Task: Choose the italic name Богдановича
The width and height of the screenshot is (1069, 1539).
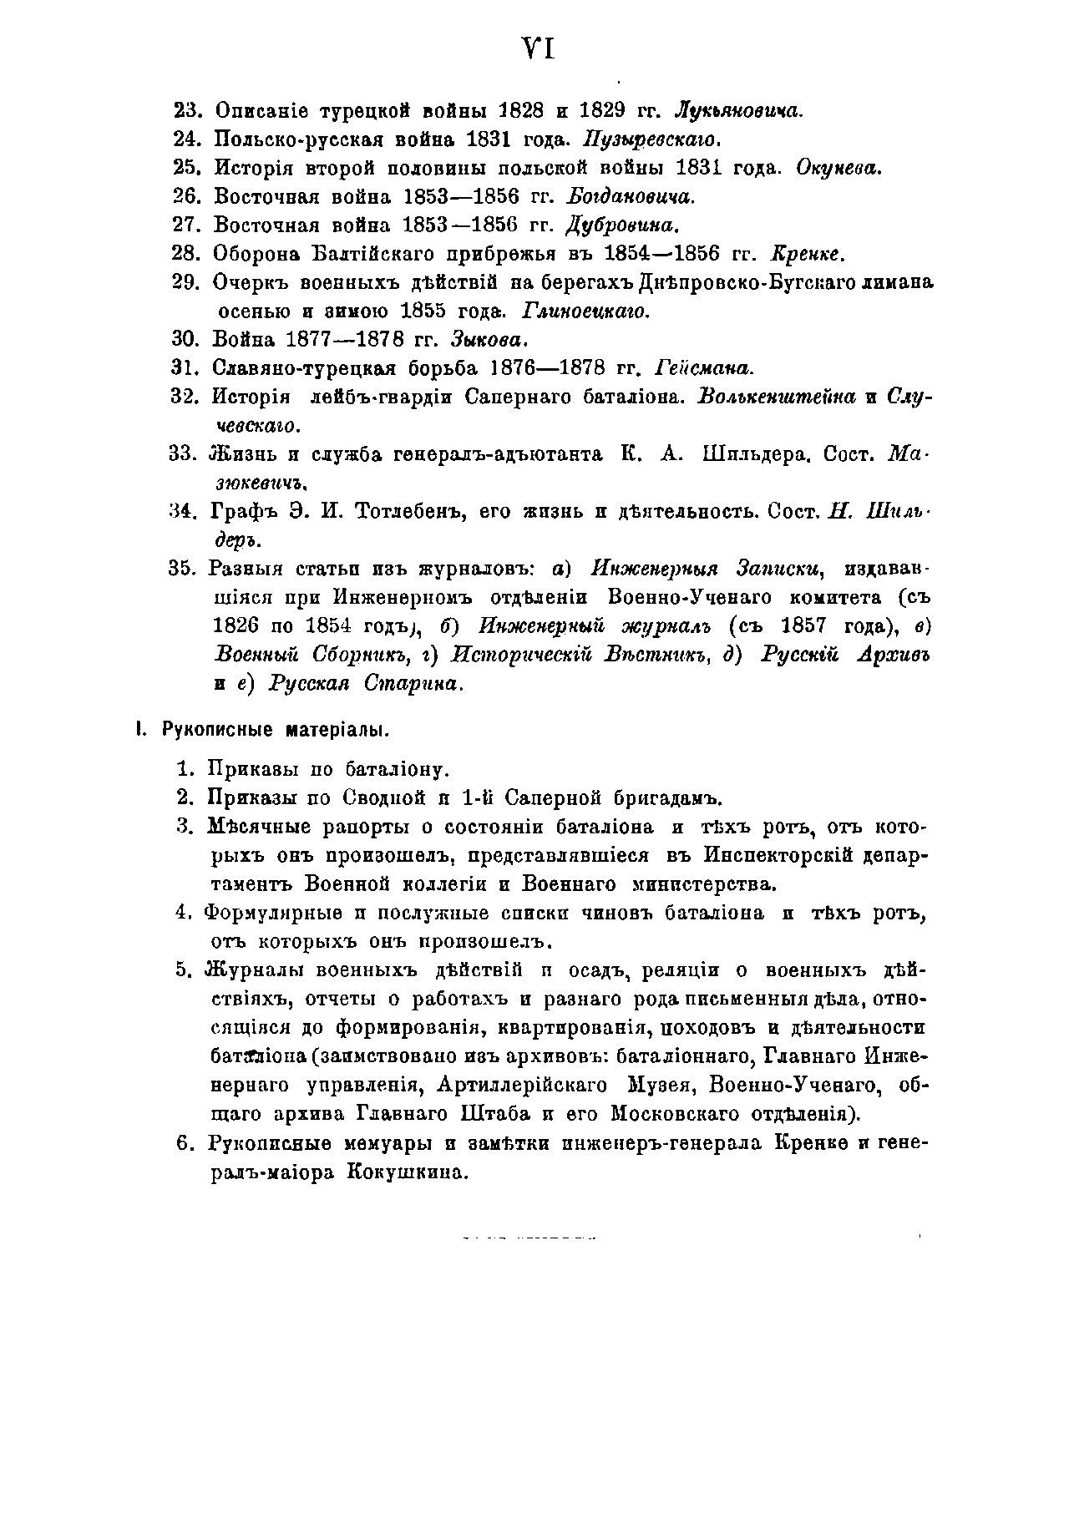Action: [631, 196]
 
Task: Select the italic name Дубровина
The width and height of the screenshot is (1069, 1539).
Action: [623, 225]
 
